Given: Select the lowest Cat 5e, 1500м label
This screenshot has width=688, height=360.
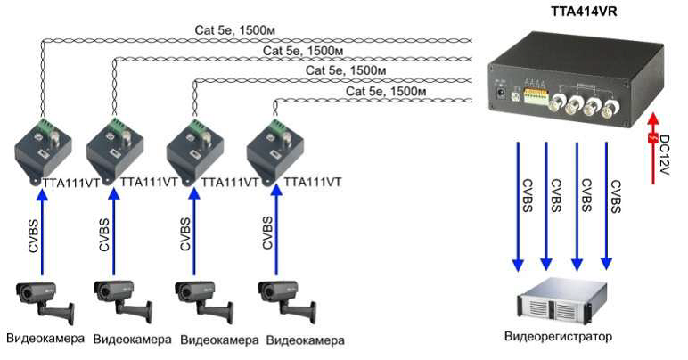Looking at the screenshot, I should click(x=379, y=91).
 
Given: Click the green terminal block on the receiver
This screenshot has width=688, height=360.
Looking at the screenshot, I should click(x=536, y=95).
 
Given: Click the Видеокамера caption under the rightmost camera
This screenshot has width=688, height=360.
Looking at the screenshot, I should click(x=306, y=340).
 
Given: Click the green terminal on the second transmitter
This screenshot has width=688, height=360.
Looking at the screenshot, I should click(x=115, y=125).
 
